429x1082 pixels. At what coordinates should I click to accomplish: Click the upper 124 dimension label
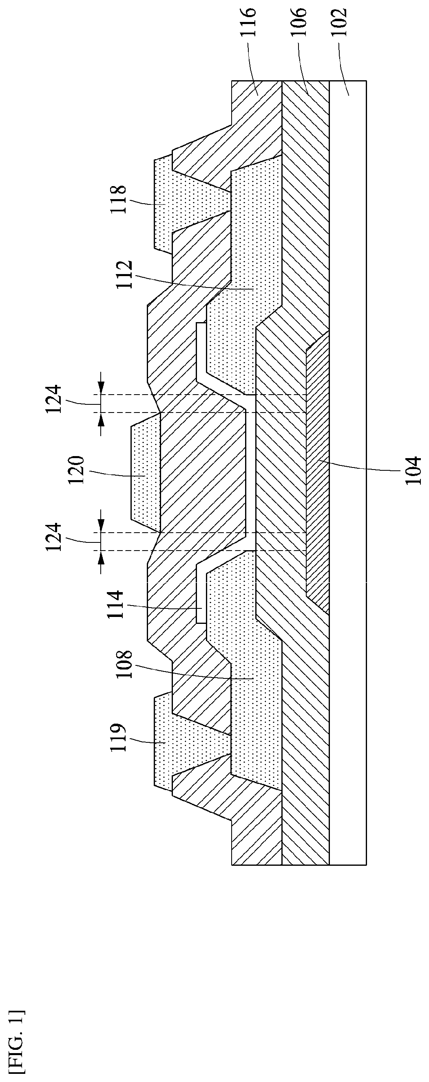click(x=55, y=399)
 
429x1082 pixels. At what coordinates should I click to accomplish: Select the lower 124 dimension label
click(x=55, y=537)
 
